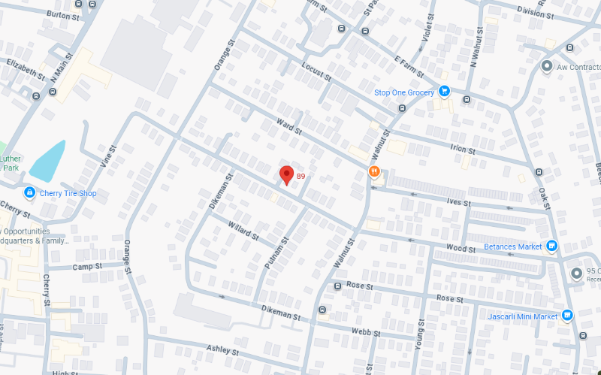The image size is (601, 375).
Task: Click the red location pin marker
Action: tap(286, 174)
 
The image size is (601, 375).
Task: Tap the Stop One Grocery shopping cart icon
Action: tap(444, 92)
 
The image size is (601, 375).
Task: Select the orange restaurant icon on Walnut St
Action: tap(373, 171)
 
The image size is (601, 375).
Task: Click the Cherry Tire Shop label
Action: tap(68, 193)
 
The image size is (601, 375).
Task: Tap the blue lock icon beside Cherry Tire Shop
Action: tap(29, 193)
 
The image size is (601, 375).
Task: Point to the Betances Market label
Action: tap(513, 246)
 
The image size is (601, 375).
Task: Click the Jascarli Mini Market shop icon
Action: tap(567, 316)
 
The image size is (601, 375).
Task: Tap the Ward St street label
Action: tap(288, 126)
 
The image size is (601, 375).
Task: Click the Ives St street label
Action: tap(457, 203)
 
